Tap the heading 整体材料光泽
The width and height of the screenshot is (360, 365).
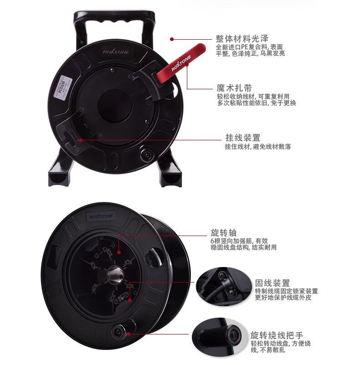242,38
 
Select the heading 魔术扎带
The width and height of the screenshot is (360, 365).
234,88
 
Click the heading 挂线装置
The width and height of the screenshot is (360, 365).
243,138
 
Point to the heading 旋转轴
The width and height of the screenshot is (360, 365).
224,232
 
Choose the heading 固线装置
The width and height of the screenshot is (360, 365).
272,283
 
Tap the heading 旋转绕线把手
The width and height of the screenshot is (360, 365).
277,335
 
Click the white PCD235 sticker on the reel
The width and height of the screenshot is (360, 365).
63,87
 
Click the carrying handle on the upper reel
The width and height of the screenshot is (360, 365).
114,21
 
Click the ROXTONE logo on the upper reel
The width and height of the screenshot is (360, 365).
116,51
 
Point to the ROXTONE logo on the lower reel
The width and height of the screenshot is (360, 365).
101,216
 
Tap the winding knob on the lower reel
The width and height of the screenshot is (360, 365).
118,331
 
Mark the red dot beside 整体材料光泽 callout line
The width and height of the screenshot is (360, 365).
172,39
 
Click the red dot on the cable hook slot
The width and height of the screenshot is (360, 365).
81,140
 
